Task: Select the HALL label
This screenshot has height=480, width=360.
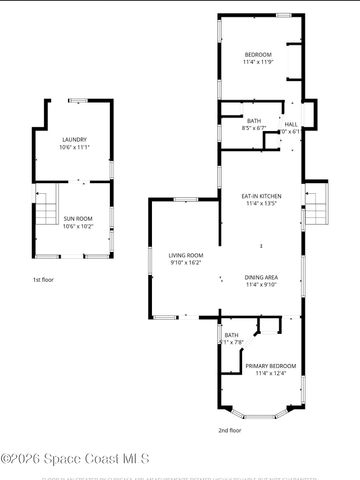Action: [x=291, y=123]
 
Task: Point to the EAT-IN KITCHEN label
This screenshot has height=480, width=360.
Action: [x=259, y=195]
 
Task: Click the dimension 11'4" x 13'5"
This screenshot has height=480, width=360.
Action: [x=259, y=203]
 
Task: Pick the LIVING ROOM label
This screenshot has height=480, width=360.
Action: [x=185, y=255]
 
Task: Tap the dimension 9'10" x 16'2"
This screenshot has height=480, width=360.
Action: [x=185, y=263]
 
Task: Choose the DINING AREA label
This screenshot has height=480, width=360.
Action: [x=260, y=276]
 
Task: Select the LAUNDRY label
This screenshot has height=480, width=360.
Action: [x=74, y=139]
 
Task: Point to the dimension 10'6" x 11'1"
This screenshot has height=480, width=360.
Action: [x=74, y=147]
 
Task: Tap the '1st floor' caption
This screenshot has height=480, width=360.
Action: [x=44, y=280]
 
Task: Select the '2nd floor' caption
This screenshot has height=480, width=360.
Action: [x=231, y=430]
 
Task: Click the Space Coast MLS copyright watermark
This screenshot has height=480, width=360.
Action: [x=75, y=458]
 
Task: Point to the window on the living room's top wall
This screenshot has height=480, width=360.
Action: [x=183, y=199]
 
